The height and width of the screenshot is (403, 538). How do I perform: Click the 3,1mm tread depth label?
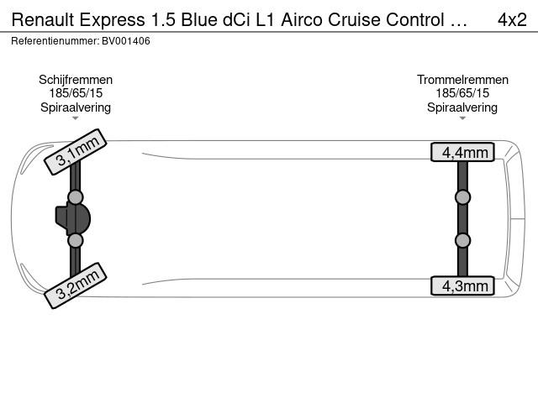(x=76, y=152)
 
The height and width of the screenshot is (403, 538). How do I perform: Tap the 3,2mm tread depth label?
(x=76, y=285)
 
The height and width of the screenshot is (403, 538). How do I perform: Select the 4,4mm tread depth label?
(x=462, y=152)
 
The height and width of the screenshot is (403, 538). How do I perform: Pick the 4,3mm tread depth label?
(x=462, y=285)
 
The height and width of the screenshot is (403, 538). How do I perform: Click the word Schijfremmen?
(x=76, y=80)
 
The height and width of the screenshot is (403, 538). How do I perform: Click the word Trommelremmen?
(x=462, y=80)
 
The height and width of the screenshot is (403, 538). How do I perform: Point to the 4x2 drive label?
(x=512, y=20)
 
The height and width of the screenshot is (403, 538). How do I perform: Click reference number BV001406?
(x=126, y=41)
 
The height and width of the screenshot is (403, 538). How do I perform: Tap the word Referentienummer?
(x=55, y=41)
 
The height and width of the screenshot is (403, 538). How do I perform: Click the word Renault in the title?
(x=43, y=20)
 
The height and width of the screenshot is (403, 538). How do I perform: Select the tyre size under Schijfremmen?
(x=76, y=93)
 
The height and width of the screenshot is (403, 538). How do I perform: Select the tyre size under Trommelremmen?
(x=462, y=93)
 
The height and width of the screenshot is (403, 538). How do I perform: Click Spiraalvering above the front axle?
(x=76, y=107)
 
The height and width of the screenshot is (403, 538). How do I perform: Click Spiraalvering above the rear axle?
(x=462, y=107)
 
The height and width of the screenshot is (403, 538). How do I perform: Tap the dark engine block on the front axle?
(x=73, y=218)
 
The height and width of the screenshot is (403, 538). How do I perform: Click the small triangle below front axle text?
(x=76, y=118)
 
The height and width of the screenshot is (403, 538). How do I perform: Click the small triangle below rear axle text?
(x=462, y=118)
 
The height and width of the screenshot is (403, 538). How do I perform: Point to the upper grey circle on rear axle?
(x=462, y=197)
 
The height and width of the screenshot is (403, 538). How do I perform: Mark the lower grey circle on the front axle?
(x=76, y=241)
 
